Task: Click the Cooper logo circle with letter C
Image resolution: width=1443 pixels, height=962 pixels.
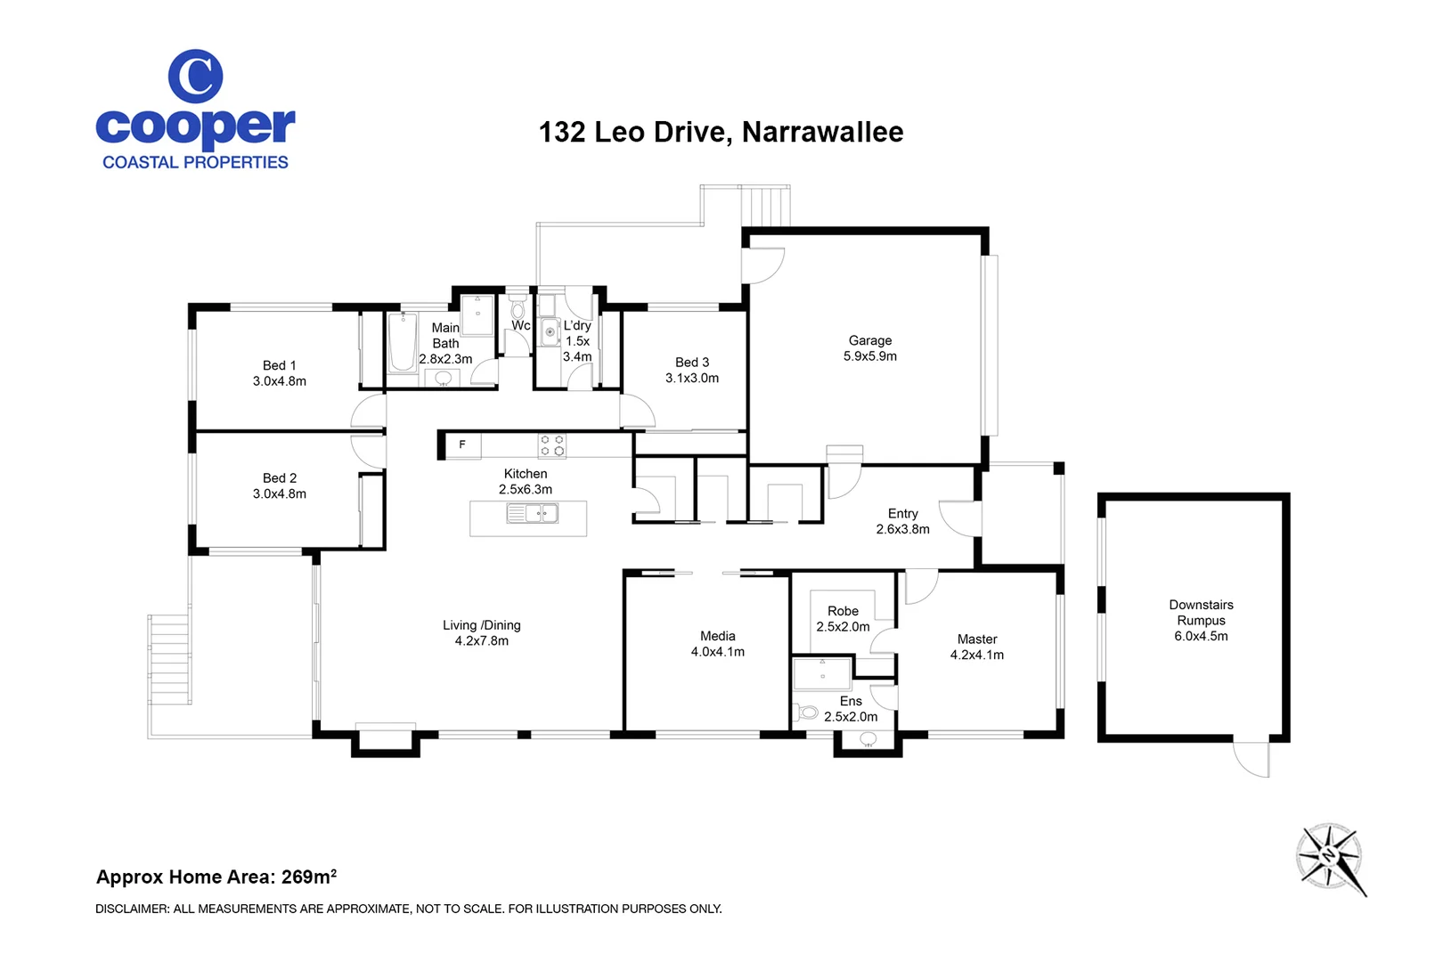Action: click(x=195, y=77)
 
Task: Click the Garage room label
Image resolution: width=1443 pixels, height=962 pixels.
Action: click(x=869, y=340)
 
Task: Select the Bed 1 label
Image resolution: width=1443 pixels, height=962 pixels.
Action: click(x=279, y=365)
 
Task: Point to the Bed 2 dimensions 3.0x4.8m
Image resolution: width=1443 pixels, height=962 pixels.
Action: click(x=279, y=493)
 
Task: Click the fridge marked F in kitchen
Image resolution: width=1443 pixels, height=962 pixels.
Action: click(x=462, y=444)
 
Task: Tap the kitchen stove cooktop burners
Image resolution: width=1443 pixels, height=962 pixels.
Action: click(x=551, y=445)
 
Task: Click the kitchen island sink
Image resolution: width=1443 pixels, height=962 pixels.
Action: click(x=533, y=513)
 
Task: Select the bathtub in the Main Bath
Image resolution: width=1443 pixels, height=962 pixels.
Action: click(x=403, y=342)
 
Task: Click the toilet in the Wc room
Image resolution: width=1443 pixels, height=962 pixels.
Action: click(x=518, y=310)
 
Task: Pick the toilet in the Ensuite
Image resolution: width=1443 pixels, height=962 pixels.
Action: click(x=808, y=713)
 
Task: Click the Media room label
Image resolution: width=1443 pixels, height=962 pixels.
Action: click(x=717, y=636)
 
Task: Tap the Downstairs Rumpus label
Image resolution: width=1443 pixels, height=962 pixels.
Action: click(x=1201, y=612)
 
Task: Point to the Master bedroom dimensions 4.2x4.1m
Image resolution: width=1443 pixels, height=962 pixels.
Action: click(x=976, y=655)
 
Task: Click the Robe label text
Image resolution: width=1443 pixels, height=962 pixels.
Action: click(x=843, y=611)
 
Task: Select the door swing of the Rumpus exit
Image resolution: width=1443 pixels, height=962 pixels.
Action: click(x=1251, y=760)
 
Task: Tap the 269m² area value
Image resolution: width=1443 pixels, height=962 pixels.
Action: click(x=309, y=876)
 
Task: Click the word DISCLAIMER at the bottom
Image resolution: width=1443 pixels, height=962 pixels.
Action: click(x=132, y=909)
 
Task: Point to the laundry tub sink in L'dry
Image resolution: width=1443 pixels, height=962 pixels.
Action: click(x=550, y=333)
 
